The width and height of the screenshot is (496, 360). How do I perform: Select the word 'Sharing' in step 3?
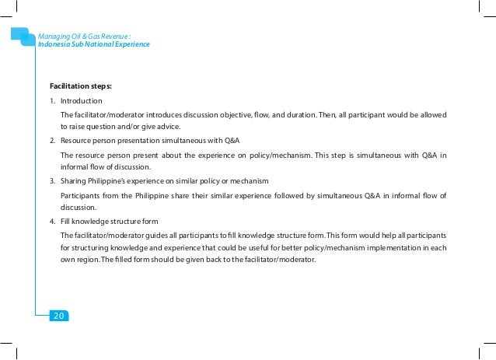point(74,180)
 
